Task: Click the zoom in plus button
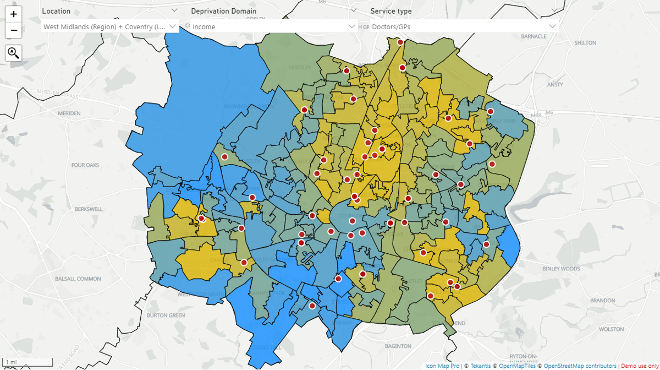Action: click(x=14, y=14)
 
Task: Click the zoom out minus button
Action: click(x=14, y=30)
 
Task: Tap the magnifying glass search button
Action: click(x=14, y=53)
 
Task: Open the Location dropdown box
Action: click(x=110, y=26)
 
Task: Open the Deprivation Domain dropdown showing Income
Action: click(x=273, y=26)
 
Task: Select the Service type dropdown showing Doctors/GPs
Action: click(x=464, y=26)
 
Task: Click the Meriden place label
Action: click(x=69, y=113)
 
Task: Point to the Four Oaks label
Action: click(x=85, y=165)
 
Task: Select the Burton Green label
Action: click(x=166, y=315)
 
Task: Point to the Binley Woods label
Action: click(x=561, y=269)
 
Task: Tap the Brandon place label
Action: click(x=602, y=301)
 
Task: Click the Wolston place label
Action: click(x=611, y=329)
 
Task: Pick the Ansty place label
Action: click(x=555, y=85)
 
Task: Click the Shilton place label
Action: click(x=585, y=43)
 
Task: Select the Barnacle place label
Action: click(x=533, y=36)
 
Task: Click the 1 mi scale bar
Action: click(x=28, y=362)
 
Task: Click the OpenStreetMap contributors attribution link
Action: click(x=580, y=366)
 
